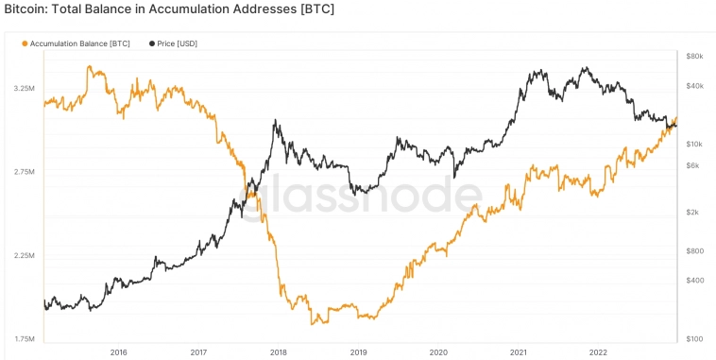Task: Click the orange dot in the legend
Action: tap(25, 43)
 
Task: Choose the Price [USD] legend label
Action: tap(179, 43)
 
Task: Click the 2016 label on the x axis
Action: tap(118, 351)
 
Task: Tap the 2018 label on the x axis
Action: tap(279, 351)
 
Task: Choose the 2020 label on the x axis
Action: tap(438, 351)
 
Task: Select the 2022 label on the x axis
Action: tap(599, 351)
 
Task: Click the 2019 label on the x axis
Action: tap(358, 351)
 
